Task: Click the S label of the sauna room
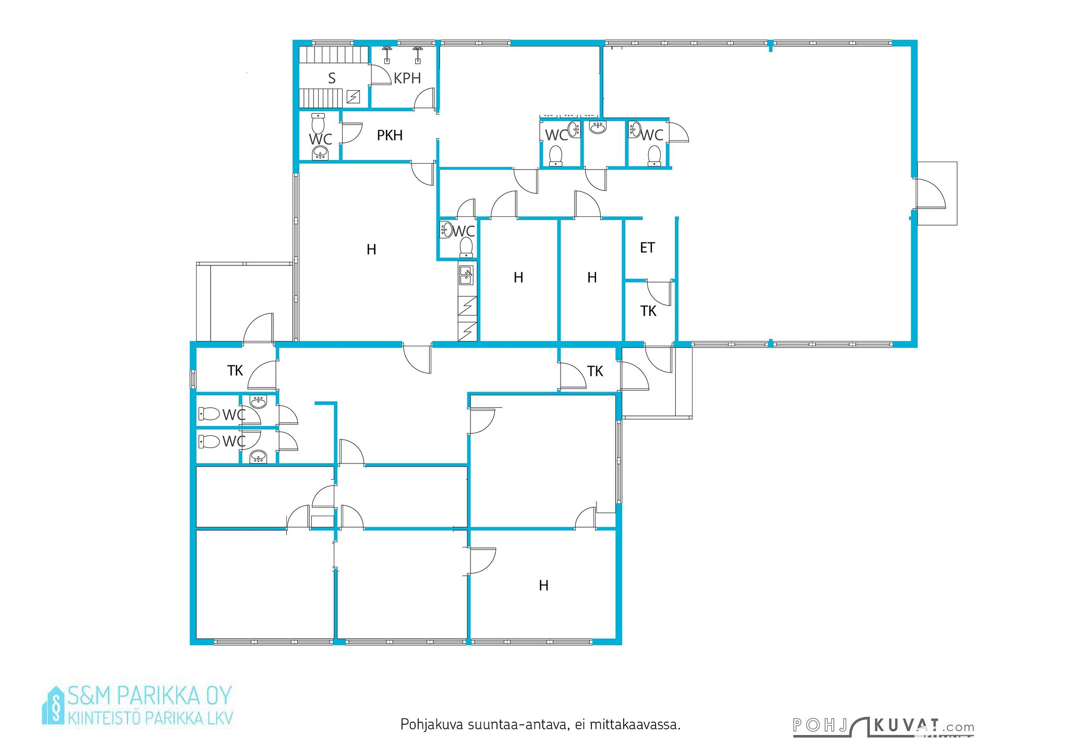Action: coord(332,78)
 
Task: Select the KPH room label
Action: coord(407,78)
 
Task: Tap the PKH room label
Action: coord(390,136)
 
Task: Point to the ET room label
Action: coord(647,248)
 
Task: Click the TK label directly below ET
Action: coord(648,311)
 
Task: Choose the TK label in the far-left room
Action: coord(235,371)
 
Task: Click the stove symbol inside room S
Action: coord(354,96)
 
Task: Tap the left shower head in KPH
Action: coord(387,54)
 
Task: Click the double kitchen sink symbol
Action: coord(466,275)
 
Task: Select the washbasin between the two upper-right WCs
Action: coord(598,127)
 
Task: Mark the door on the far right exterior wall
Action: coord(930,193)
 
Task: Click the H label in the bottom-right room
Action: coord(543,586)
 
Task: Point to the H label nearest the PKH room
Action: coord(371,250)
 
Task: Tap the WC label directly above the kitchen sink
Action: coord(464,231)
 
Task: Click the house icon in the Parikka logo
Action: coord(54,705)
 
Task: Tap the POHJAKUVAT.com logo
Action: coord(883,726)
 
